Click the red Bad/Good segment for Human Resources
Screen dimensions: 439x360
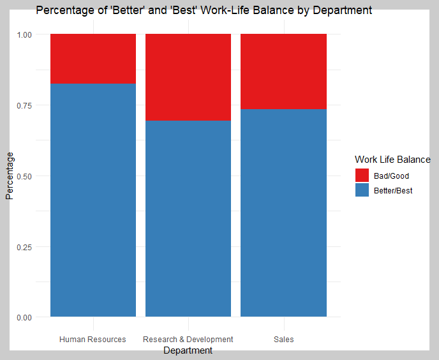(93, 59)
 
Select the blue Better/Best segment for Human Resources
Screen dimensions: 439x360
(93, 200)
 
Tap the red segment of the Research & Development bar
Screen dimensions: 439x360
(188, 77)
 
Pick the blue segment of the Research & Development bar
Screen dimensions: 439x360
(188, 218)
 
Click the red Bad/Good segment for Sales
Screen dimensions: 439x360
(283, 71)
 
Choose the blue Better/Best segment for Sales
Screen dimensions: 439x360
(283, 213)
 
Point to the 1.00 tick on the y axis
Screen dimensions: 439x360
(24, 34)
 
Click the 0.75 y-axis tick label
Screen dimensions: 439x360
(24, 105)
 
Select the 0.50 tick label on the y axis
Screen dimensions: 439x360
(24, 177)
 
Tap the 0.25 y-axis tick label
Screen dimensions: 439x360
(24, 247)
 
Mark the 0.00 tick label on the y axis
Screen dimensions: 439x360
(24, 318)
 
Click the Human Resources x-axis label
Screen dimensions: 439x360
(93, 340)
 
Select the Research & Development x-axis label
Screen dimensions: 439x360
(188, 340)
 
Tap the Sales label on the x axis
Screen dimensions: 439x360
(283, 340)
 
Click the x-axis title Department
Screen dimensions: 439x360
(188, 350)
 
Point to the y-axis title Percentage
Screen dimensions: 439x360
(10, 176)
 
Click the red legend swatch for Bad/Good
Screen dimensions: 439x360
(362, 175)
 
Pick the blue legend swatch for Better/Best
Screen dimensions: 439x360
(362, 190)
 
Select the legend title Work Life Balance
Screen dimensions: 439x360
(392, 160)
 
